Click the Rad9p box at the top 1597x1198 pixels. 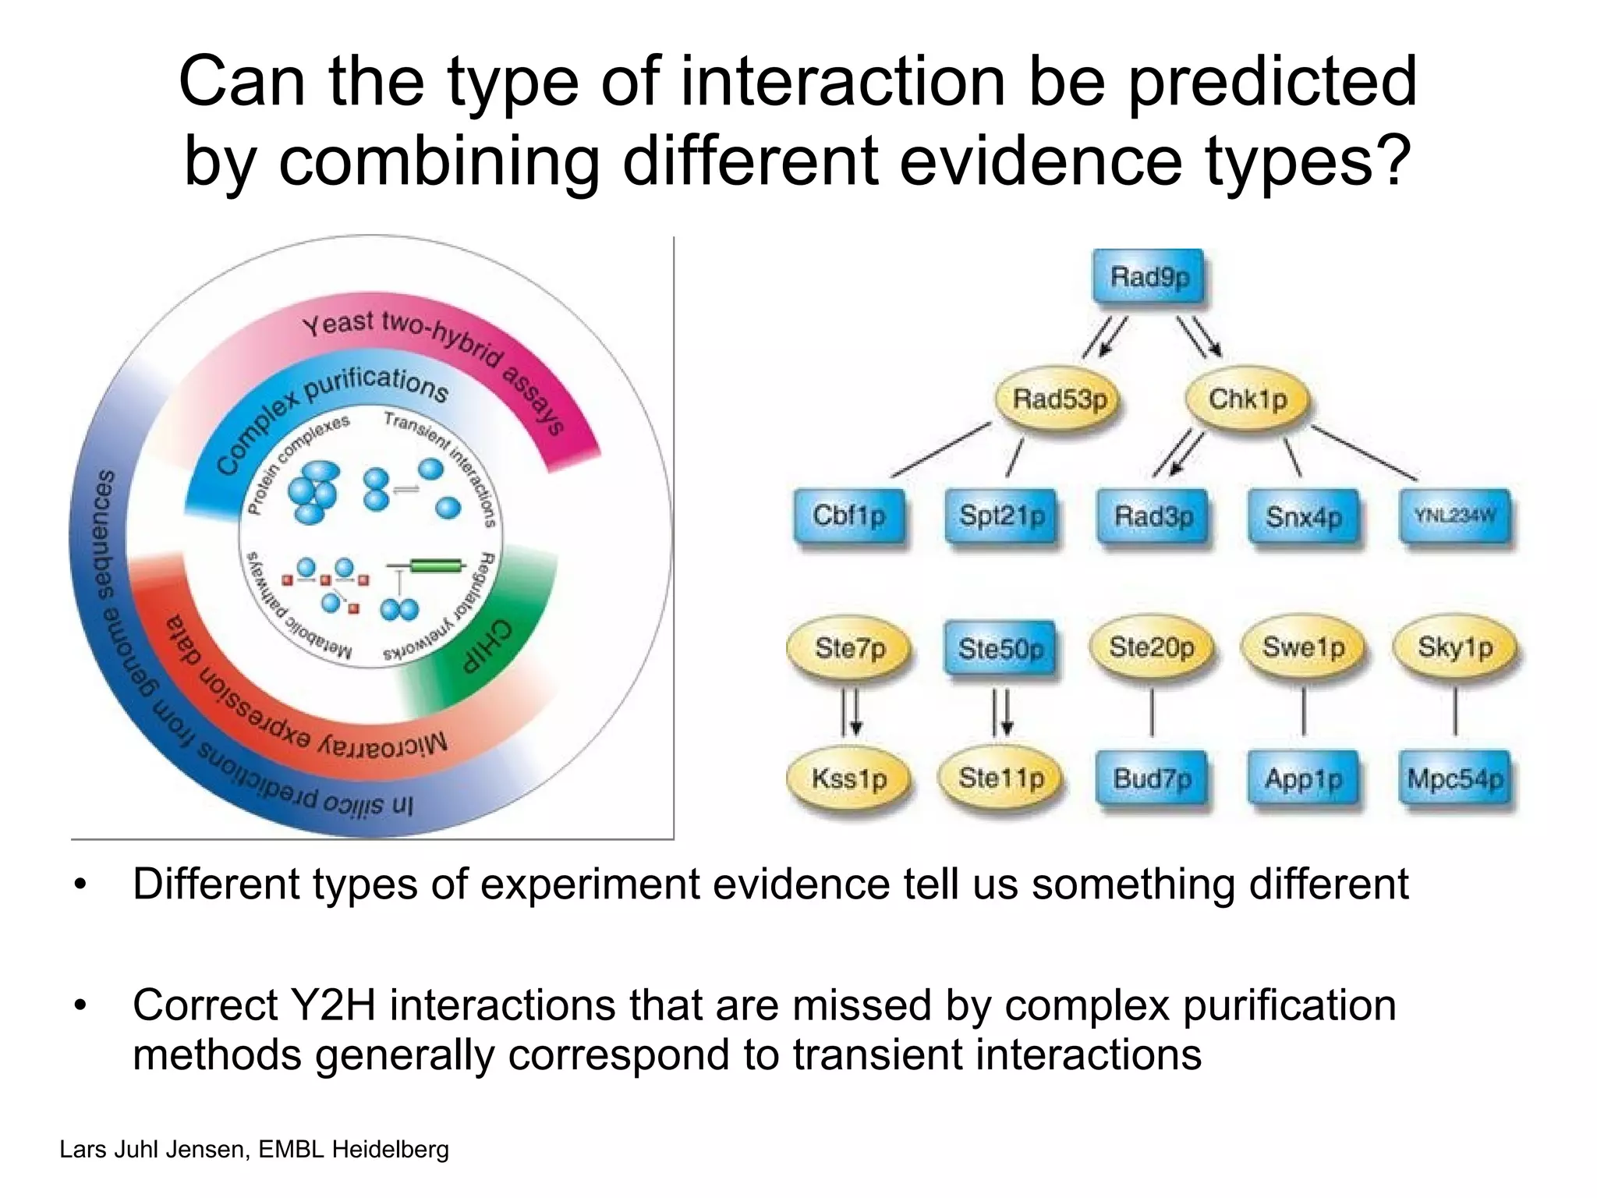click(x=1149, y=277)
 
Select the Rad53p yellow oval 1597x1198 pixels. click(x=1060, y=399)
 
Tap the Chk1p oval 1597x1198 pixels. click(x=1247, y=399)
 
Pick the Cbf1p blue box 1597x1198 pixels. click(x=849, y=516)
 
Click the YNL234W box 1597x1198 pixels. click(x=1455, y=516)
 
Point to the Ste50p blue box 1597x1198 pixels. click(x=1000, y=648)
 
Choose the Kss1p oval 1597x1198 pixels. click(x=849, y=778)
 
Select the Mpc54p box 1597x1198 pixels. click(x=1455, y=778)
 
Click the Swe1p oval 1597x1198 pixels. click(x=1303, y=647)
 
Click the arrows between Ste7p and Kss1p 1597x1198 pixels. click(x=851, y=713)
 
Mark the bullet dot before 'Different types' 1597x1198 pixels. click(x=80, y=885)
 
